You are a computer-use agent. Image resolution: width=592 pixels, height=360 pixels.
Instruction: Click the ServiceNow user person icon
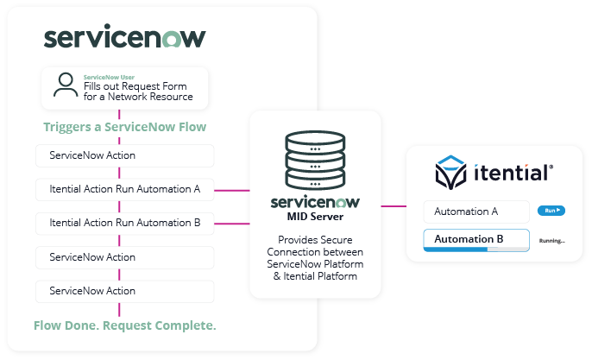coord(65,85)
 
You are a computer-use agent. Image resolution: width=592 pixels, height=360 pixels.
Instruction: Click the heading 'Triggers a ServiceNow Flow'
coord(124,127)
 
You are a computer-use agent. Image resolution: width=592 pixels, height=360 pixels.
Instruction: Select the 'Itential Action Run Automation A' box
coord(125,188)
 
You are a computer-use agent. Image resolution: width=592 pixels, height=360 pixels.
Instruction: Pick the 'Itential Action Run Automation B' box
coord(125,223)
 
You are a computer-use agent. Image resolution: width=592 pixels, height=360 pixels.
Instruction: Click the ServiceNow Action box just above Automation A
coord(125,156)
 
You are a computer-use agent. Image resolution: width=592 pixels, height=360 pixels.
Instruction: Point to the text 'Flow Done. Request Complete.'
coord(124,325)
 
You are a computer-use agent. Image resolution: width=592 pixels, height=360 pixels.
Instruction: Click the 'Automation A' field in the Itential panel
coord(475,212)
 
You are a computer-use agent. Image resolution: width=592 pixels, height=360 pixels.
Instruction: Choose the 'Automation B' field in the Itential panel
coord(474,239)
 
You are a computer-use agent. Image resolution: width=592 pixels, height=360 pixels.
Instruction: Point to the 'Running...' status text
coord(551,241)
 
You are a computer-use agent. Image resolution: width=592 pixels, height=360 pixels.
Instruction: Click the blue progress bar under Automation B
coord(457,249)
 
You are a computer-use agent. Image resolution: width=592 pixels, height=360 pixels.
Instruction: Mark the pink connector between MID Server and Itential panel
coord(394,206)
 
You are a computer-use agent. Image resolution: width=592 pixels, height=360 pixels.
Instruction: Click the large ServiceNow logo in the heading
coord(124,38)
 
